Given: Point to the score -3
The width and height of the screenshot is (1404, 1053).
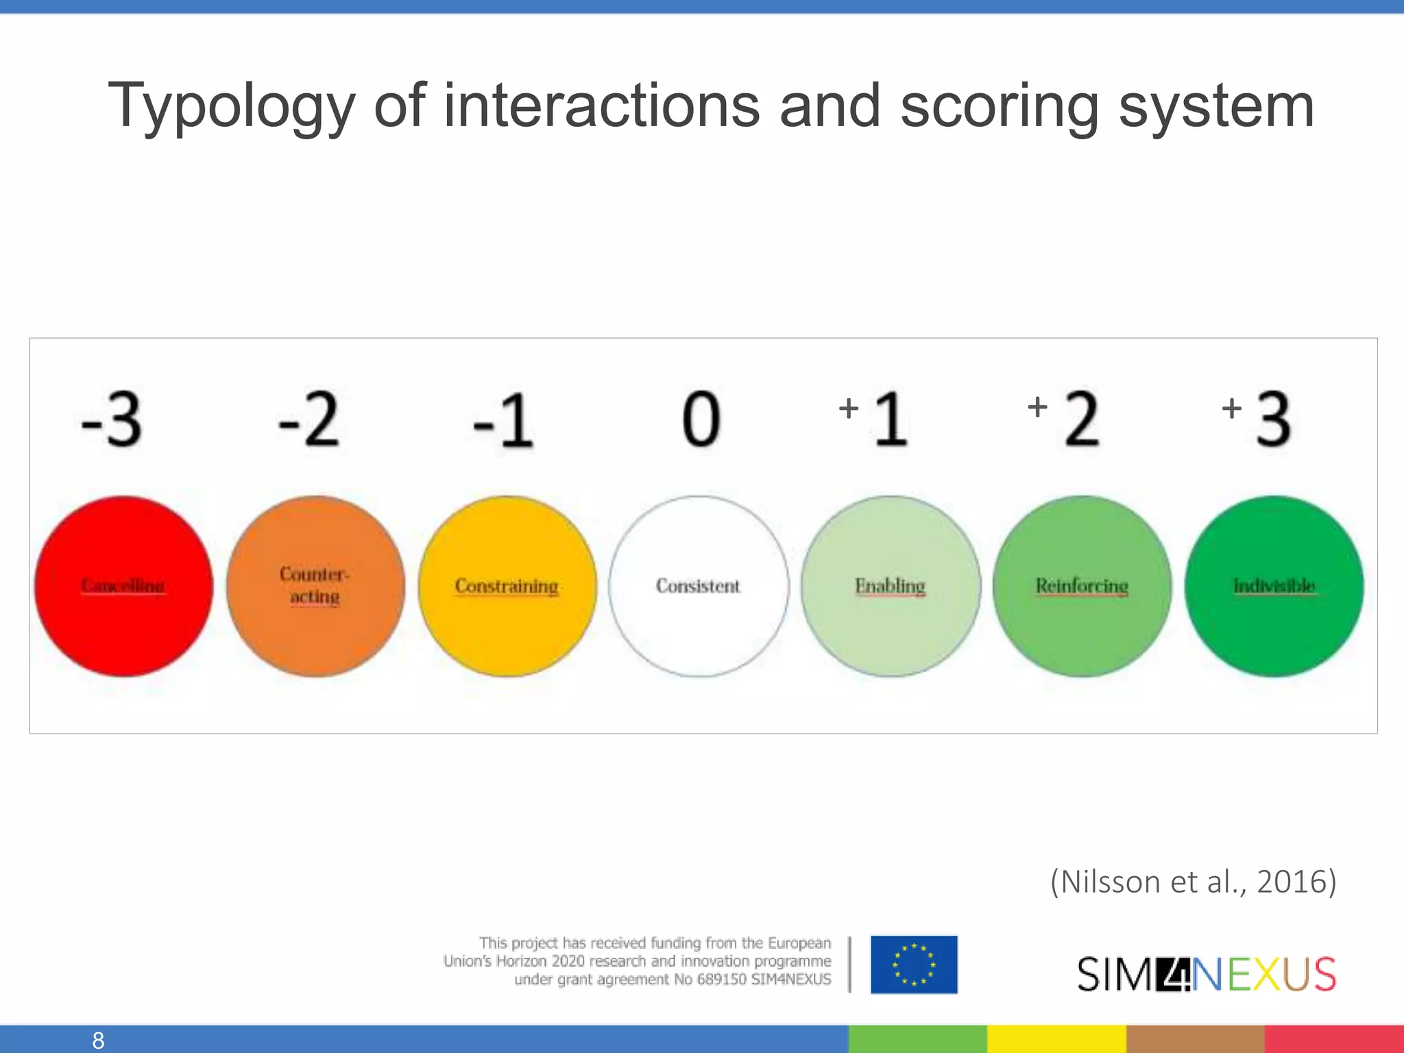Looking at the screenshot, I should [x=112, y=420].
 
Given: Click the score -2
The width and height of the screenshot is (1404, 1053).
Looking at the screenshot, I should [x=308, y=420].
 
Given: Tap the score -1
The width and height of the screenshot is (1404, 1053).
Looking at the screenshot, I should [x=503, y=420].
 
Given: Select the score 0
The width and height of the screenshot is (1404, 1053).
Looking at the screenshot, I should [x=701, y=420].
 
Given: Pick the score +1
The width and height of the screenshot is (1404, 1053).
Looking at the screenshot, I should [x=875, y=418].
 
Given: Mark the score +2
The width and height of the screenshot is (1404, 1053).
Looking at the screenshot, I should [x=1065, y=418].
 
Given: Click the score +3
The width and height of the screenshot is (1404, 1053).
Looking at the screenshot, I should [x=1258, y=418].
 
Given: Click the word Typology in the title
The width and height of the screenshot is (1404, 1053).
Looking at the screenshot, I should [x=232, y=106].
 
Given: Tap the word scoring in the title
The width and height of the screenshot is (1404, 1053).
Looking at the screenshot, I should [x=1000, y=106].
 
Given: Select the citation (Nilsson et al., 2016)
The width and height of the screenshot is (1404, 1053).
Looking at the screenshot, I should [x=1194, y=882].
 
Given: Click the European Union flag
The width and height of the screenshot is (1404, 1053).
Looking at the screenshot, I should [x=914, y=965].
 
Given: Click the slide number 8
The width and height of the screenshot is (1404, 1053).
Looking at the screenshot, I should [x=98, y=1040].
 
